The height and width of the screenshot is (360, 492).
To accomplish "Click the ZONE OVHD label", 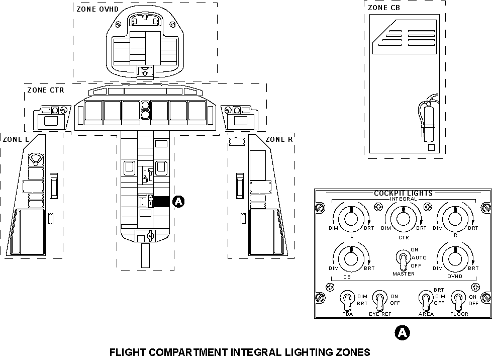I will [x=94, y=9].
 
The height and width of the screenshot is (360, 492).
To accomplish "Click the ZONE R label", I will [x=279, y=139].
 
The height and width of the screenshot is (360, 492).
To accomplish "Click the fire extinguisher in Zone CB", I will [x=429, y=121].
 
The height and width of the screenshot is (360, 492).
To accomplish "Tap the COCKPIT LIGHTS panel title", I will [x=403, y=193].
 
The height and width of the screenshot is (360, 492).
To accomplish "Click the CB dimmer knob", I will [x=351, y=258].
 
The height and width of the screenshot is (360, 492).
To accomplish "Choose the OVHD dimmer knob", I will [x=454, y=258].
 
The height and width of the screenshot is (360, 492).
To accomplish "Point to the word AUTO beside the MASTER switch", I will [x=419, y=257].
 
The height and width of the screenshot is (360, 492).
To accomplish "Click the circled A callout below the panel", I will [x=402, y=332].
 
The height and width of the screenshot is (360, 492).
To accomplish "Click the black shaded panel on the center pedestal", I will [x=161, y=202].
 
